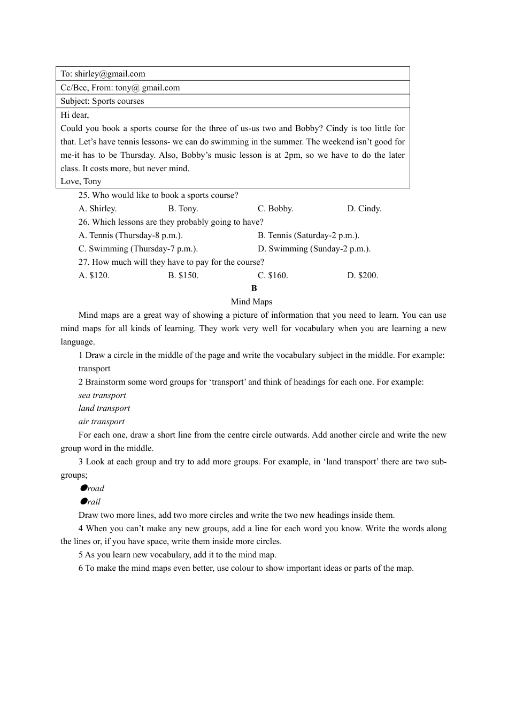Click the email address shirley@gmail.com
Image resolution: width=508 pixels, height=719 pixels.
point(110,74)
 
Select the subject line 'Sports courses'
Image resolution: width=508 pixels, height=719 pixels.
point(118,101)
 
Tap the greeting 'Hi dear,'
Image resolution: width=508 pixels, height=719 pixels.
point(75,114)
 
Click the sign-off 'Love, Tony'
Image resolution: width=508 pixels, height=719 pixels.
point(81,181)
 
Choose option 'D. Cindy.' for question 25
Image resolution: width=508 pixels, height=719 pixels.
point(364,209)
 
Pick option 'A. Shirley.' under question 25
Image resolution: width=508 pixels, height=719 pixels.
point(97,209)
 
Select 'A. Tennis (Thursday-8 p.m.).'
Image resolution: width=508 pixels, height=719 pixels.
point(130,235)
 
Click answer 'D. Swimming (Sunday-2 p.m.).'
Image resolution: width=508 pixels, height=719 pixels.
point(314,249)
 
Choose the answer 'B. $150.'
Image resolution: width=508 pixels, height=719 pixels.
point(183,276)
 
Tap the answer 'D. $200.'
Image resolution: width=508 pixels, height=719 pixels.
point(363,276)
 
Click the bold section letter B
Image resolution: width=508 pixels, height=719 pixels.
point(254,288)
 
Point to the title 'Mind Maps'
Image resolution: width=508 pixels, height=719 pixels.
point(251,302)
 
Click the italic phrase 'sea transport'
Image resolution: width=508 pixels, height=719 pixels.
point(102,395)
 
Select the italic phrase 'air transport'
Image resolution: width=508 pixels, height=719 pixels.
point(102,422)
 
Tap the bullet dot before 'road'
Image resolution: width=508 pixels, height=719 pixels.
point(83,488)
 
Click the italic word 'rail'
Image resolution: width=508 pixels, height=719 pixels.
point(94,502)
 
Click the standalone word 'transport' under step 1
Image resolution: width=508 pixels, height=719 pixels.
point(94,369)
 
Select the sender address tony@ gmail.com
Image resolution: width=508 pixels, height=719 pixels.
point(148,88)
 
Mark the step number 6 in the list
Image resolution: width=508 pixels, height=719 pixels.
point(81,568)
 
